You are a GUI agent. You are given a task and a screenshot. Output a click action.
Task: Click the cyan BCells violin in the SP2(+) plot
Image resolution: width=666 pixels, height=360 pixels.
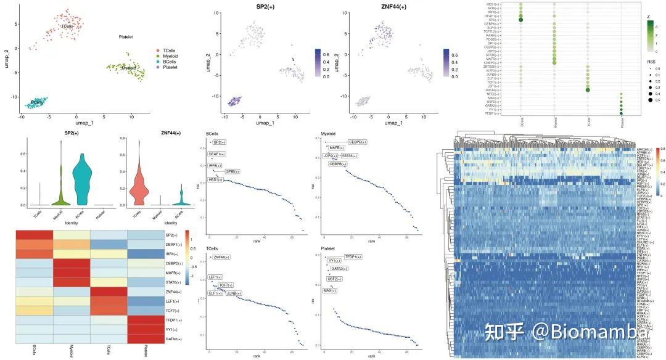(79, 179)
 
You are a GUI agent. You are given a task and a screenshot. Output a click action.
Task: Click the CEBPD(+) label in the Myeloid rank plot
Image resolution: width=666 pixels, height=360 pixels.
(358, 142)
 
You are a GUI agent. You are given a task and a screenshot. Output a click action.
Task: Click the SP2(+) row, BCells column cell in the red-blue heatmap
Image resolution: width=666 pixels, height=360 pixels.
(35, 235)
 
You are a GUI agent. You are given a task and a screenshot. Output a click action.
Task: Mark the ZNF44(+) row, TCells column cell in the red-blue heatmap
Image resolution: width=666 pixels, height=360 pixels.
(109, 291)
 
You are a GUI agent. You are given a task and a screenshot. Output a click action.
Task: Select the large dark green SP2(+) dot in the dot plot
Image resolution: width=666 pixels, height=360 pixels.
(521, 20)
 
